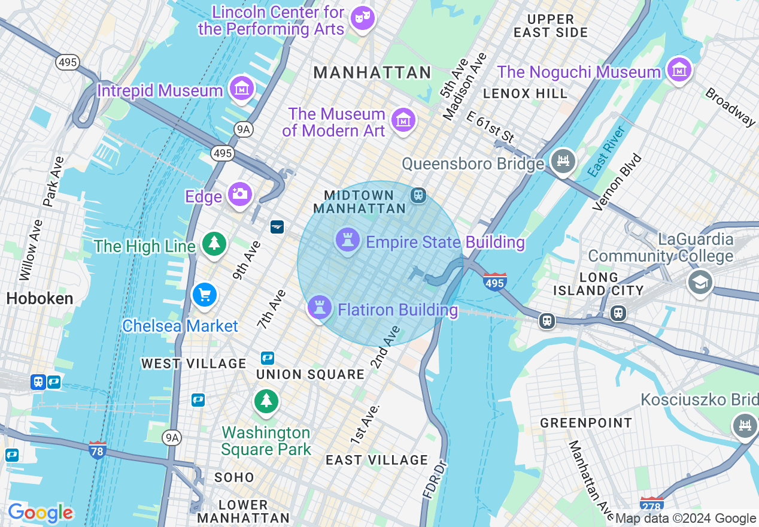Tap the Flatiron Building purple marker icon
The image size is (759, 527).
click(320, 308)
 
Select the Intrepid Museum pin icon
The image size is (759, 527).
click(241, 89)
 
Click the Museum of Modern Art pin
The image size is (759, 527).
click(403, 120)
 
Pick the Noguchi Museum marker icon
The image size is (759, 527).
click(679, 71)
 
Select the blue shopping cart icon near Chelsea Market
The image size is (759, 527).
click(204, 295)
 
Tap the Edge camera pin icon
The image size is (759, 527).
click(239, 195)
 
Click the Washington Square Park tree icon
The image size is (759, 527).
click(266, 400)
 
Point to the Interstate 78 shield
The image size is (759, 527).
click(98, 450)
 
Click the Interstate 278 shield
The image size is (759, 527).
click(651, 504)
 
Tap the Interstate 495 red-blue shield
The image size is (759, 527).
click(494, 281)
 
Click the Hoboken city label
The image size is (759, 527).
click(40, 298)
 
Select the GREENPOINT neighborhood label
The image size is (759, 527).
click(586, 423)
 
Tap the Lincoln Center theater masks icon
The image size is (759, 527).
click(362, 17)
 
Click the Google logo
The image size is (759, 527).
click(41, 513)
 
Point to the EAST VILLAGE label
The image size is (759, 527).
click(377, 460)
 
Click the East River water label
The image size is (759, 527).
click(606, 152)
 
